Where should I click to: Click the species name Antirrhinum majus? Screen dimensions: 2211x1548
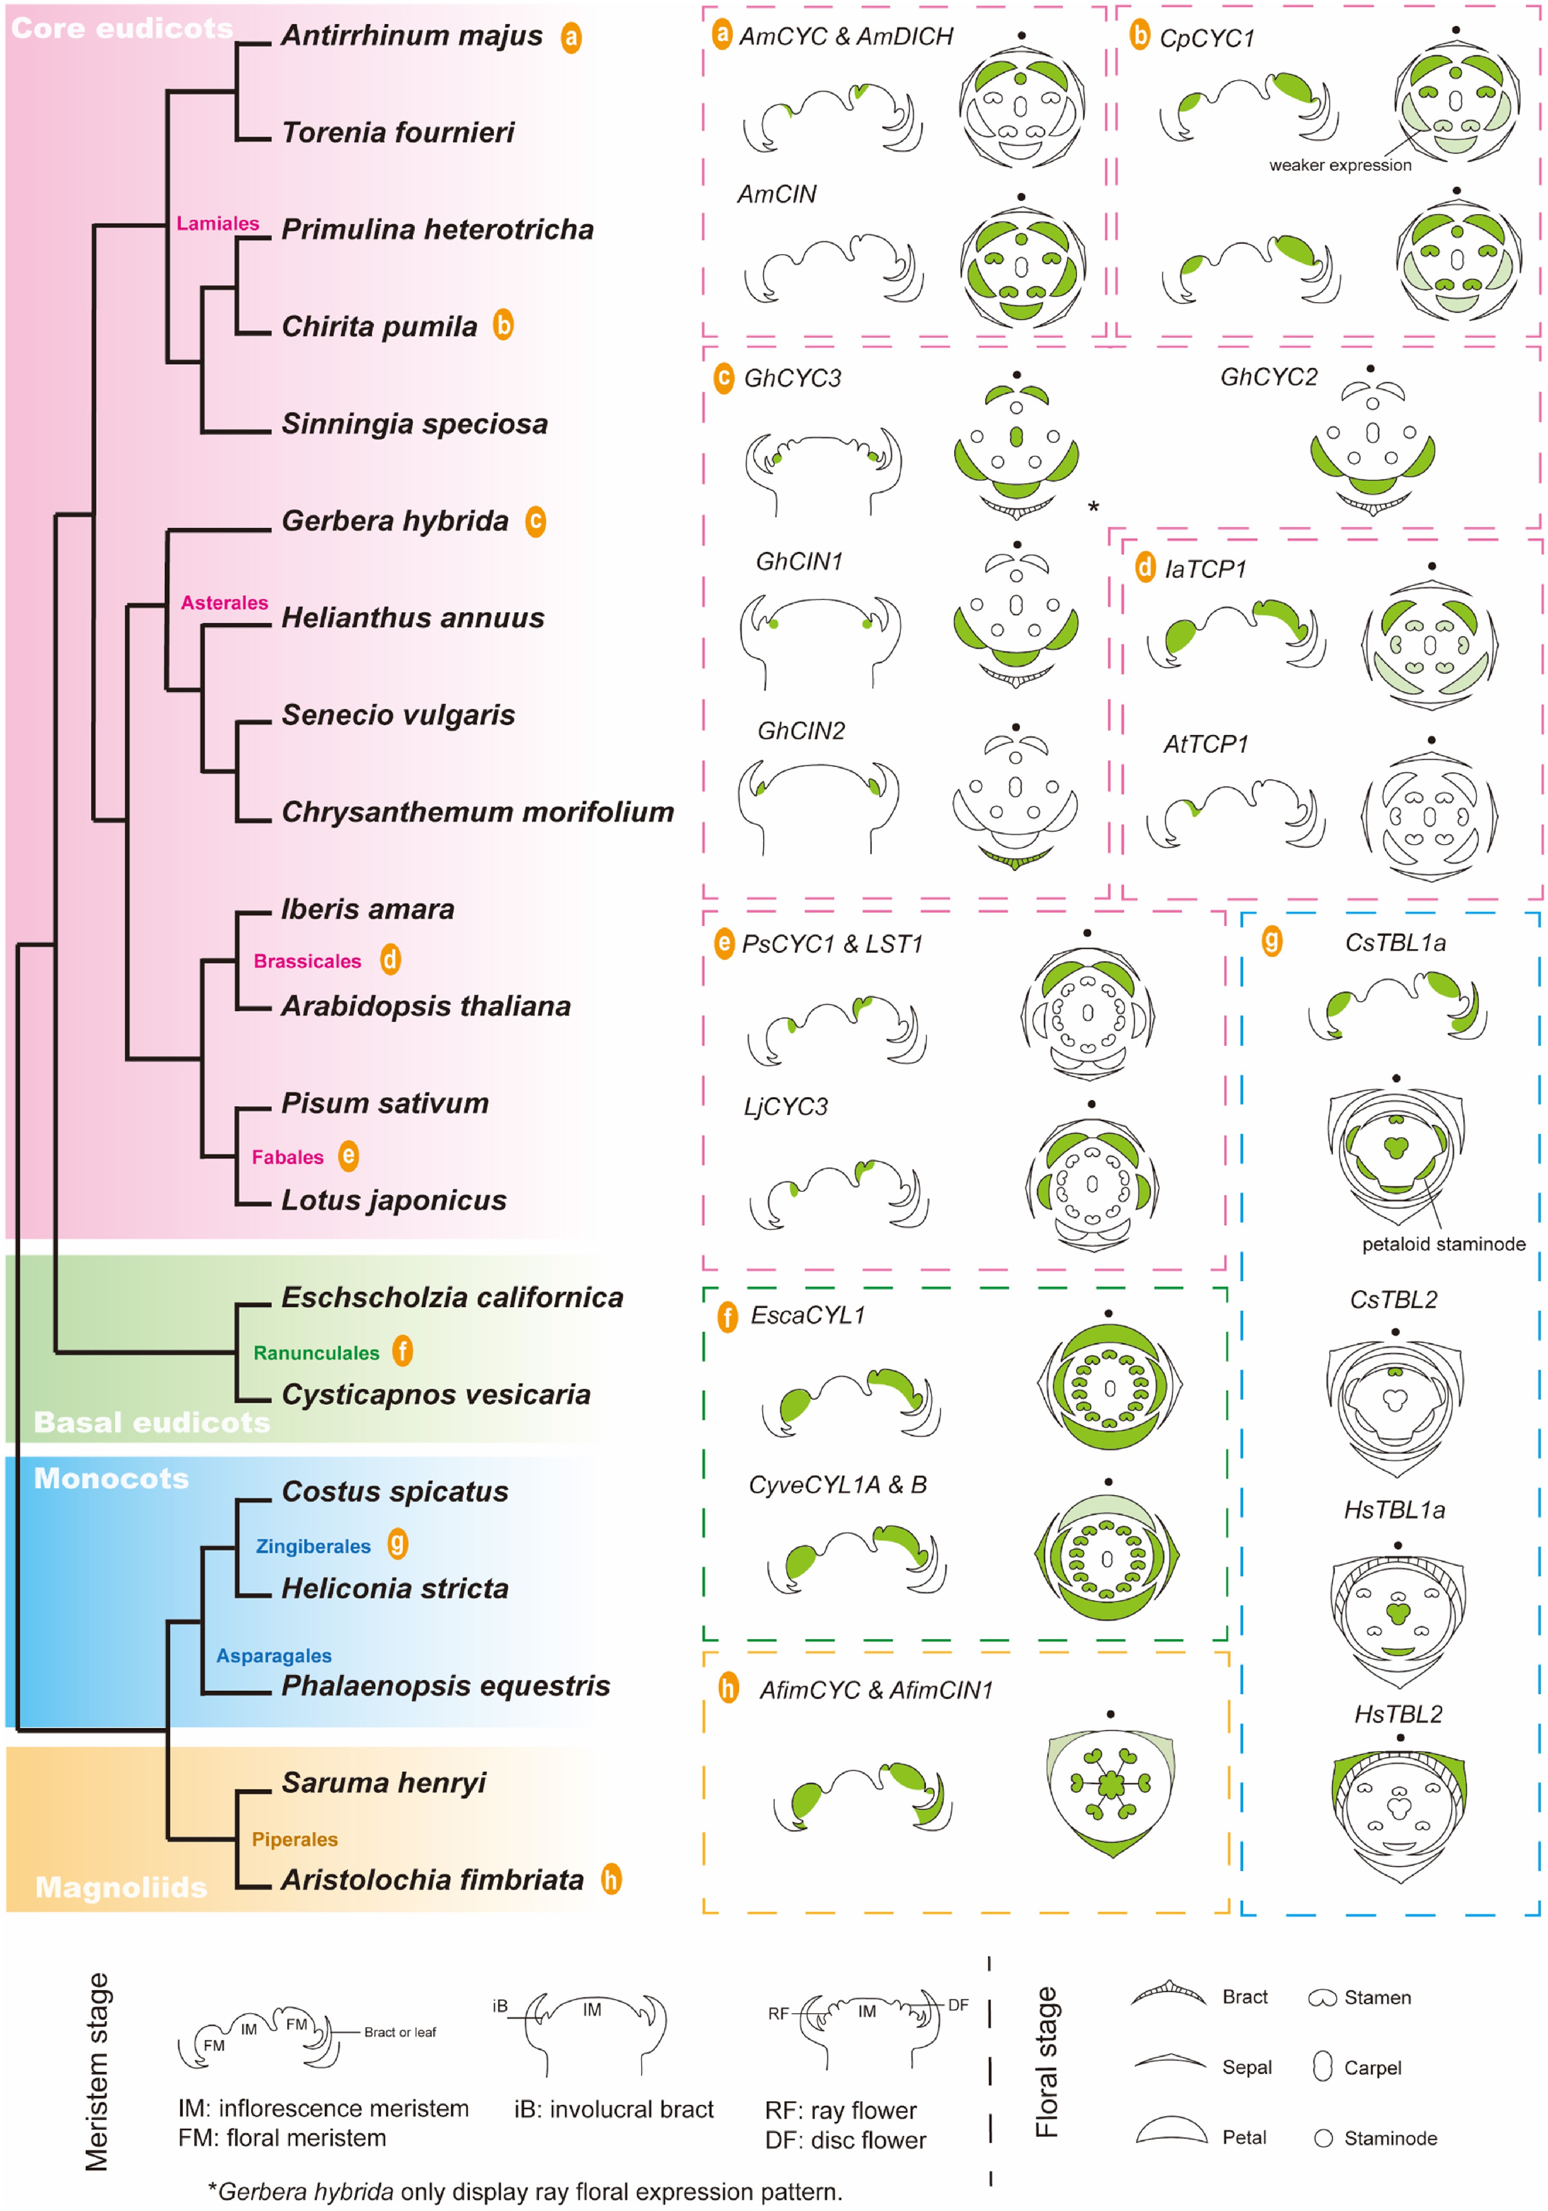click(411, 36)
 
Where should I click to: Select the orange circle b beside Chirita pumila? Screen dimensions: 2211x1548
click(503, 325)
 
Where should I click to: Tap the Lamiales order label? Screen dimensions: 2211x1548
click(218, 223)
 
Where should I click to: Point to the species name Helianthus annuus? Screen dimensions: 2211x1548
click(412, 617)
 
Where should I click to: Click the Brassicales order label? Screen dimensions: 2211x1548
click(307, 961)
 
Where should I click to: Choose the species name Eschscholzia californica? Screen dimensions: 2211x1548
click(452, 1297)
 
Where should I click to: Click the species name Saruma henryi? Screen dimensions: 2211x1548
click(383, 1783)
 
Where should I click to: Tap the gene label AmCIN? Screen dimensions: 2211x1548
click(776, 194)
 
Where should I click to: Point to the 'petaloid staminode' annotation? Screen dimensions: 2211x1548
click(1443, 1244)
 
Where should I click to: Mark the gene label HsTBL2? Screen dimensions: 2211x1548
click(1398, 1714)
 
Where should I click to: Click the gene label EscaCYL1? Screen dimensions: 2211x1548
click(807, 1315)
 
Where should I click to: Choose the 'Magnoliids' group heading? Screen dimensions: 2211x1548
click(122, 1887)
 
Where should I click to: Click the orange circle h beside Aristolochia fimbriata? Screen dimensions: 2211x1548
click(611, 1879)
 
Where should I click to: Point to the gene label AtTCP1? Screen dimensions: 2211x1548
click(1205, 744)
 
